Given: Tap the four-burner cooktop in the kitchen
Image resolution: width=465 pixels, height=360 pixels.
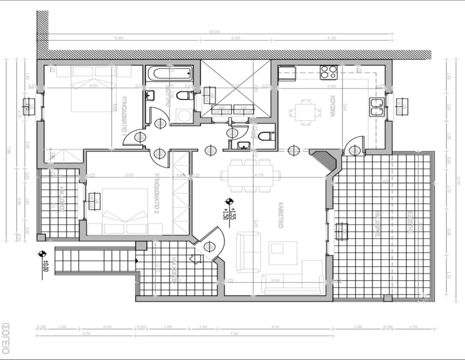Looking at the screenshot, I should click(x=329, y=72).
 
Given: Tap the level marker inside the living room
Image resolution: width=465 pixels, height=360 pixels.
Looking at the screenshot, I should click(x=229, y=209).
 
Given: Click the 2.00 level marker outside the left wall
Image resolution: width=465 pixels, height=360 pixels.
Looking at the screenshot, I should click(x=43, y=260).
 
